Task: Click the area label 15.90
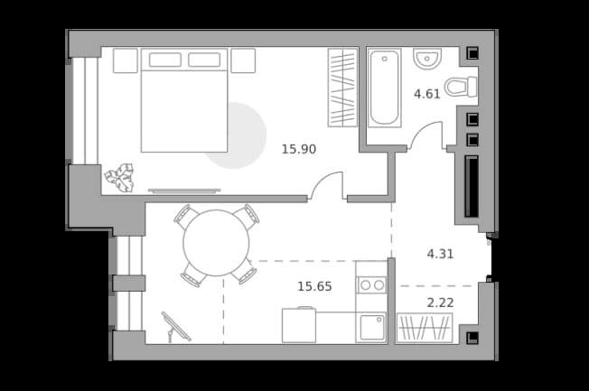click(x=299, y=149)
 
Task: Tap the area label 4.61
click(x=426, y=94)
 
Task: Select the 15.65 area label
click(x=314, y=286)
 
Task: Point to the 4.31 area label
click(x=440, y=254)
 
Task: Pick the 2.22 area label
click(x=440, y=303)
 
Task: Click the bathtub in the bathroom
click(x=384, y=88)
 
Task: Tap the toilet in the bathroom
click(x=461, y=87)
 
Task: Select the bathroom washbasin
click(x=427, y=59)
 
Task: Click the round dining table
click(x=216, y=243)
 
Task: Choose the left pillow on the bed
click(x=165, y=60)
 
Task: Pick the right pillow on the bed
click(x=204, y=60)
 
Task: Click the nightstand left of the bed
click(x=126, y=61)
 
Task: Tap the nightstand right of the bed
click(x=243, y=61)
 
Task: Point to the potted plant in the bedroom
click(x=120, y=178)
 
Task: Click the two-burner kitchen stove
click(x=372, y=285)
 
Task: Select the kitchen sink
click(x=372, y=327)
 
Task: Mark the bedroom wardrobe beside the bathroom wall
click(x=342, y=88)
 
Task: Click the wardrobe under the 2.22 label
click(x=425, y=328)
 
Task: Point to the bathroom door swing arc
click(x=420, y=129)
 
